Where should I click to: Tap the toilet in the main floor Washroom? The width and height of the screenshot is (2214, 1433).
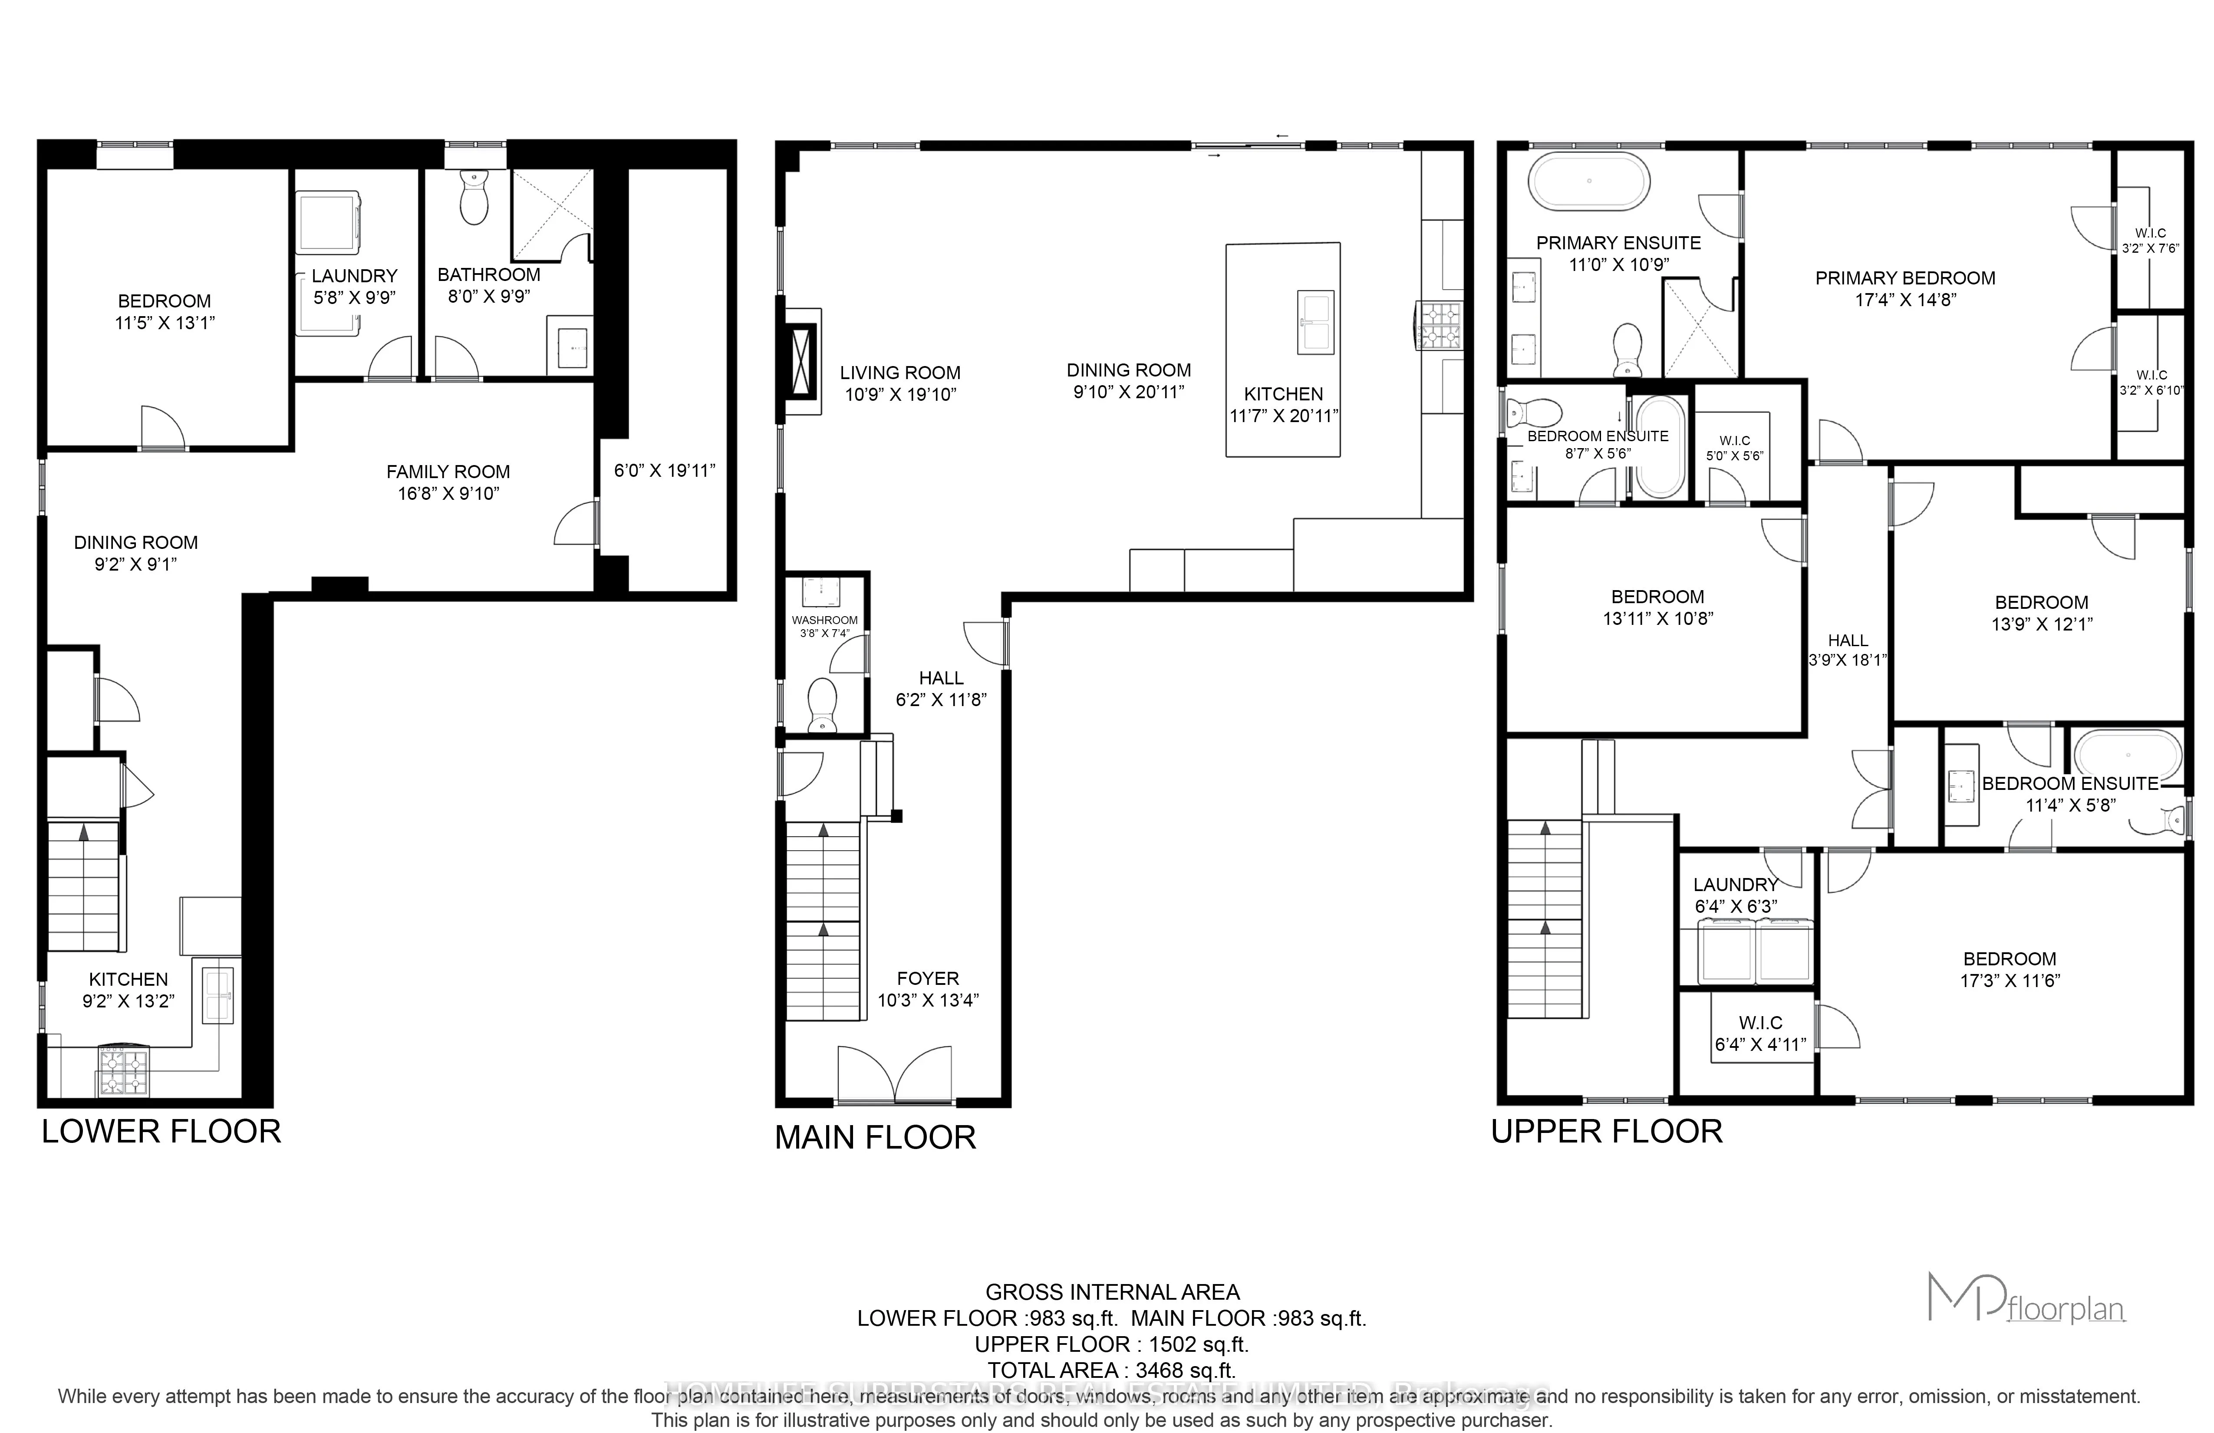(x=822, y=704)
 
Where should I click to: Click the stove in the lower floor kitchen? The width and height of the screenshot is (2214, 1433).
(x=123, y=1071)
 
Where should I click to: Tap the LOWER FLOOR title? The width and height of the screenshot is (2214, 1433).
(x=161, y=1132)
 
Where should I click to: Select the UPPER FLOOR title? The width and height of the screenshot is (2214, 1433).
(x=1607, y=1132)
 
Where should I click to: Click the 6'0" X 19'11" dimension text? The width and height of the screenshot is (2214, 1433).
(x=664, y=471)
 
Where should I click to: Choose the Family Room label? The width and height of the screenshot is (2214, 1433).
(x=448, y=472)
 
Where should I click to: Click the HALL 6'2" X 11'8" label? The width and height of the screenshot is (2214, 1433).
(x=940, y=689)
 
